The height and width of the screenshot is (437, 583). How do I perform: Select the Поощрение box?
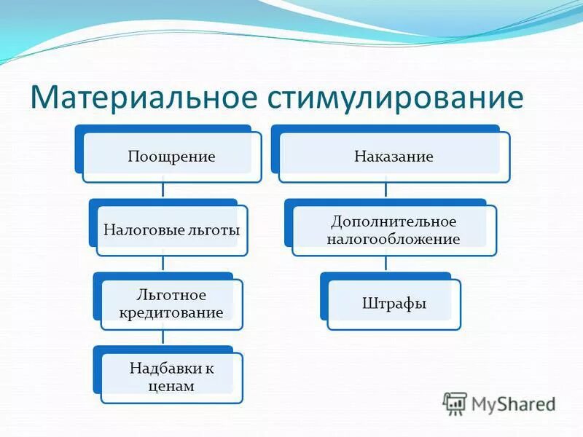(x=171, y=157)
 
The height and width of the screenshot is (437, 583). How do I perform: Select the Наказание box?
(x=394, y=157)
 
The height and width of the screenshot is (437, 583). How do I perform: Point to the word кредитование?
(x=171, y=312)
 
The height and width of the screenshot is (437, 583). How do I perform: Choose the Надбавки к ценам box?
(x=171, y=377)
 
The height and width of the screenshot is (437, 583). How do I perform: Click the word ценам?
(x=171, y=386)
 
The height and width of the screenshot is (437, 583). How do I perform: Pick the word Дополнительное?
(x=394, y=221)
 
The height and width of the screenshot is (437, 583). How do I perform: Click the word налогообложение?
(x=394, y=239)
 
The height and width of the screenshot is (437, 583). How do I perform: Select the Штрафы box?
(x=394, y=303)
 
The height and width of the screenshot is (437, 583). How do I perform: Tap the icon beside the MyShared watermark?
(x=455, y=403)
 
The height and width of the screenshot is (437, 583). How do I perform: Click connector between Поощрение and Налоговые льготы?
(x=163, y=191)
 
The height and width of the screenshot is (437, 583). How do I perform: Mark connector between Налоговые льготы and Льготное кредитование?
(x=163, y=264)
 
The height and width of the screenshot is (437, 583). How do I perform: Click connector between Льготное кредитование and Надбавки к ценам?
(x=163, y=338)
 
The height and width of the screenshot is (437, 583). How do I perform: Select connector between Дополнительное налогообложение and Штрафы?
(x=386, y=264)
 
